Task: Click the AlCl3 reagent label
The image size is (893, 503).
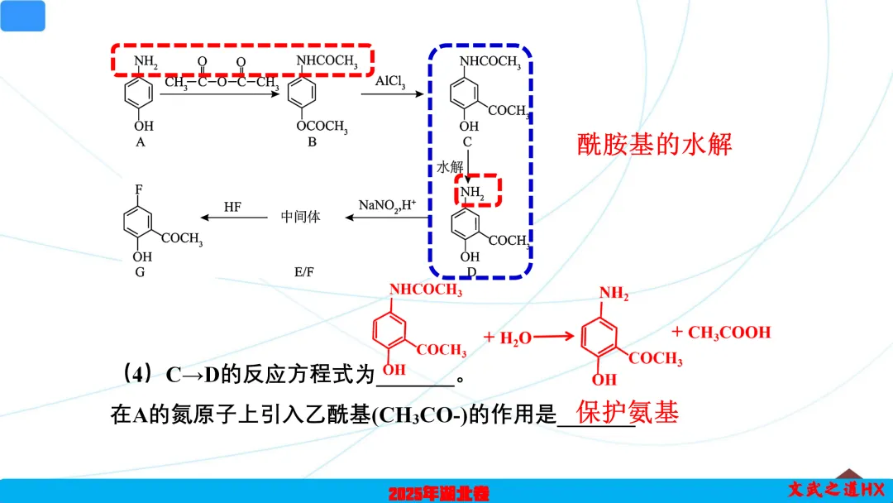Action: point(391,82)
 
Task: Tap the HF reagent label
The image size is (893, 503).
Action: point(232,207)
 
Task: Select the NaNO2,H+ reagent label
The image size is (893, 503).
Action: point(387,205)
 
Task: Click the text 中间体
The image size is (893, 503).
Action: point(300,217)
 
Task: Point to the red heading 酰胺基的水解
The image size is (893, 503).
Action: point(654,145)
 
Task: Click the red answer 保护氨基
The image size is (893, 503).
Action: point(628,412)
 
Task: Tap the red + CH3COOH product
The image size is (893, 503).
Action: point(721,333)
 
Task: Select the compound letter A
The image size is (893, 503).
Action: point(141,141)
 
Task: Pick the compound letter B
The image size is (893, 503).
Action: point(313,142)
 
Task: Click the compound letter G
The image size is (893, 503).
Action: point(140,271)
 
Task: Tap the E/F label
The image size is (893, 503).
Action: point(304,271)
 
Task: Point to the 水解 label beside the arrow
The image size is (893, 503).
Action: point(450,167)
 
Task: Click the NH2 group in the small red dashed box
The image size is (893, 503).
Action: point(474,192)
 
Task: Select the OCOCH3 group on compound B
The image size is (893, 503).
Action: point(322,127)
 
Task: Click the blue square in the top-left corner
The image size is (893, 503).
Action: point(22,16)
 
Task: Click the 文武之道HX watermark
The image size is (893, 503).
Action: point(835,490)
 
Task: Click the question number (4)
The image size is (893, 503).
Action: point(136,374)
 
